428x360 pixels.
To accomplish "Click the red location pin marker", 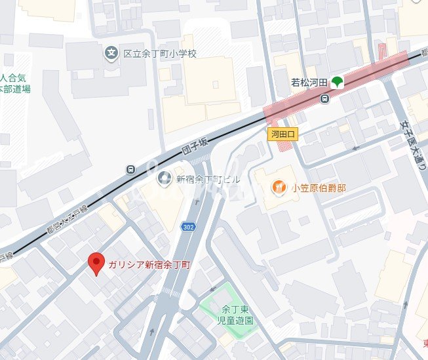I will (97, 263).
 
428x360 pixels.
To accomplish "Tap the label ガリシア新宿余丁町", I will (149, 265).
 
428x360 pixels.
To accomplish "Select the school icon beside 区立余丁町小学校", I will (111, 52).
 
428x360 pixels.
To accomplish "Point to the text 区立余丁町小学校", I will (160, 53).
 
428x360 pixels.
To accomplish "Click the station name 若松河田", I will (309, 83).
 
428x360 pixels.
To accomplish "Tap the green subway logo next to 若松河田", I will (338, 83).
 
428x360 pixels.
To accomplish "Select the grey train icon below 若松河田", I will (324, 98).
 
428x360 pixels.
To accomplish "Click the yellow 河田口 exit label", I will (284, 134).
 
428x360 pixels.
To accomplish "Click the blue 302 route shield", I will (188, 227).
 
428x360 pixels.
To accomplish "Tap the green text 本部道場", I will (14, 89).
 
